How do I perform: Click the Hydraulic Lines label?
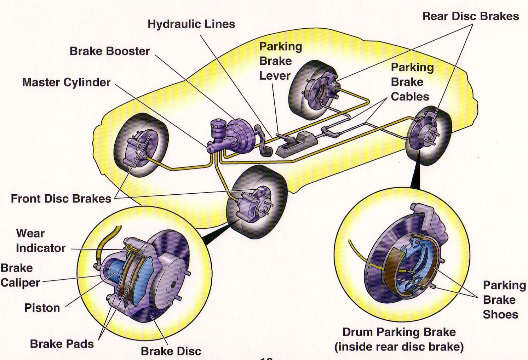pyautogui.click(x=191, y=24)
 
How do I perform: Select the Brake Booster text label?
pyautogui.click(x=110, y=51)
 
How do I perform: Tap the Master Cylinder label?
pyautogui.click(x=66, y=82)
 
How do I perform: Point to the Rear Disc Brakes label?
pyautogui.click(x=470, y=16)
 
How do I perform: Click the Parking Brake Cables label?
pyautogui.click(x=412, y=82)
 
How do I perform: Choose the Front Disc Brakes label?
pyautogui.click(x=61, y=198)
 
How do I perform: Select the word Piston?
pyautogui.click(x=42, y=308)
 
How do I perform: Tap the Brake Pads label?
pyautogui.click(x=62, y=344)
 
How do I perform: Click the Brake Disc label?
pyautogui.click(x=171, y=351)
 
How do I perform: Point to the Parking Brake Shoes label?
pyautogui.click(x=504, y=299)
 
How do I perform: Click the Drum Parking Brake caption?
pyautogui.click(x=399, y=339)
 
